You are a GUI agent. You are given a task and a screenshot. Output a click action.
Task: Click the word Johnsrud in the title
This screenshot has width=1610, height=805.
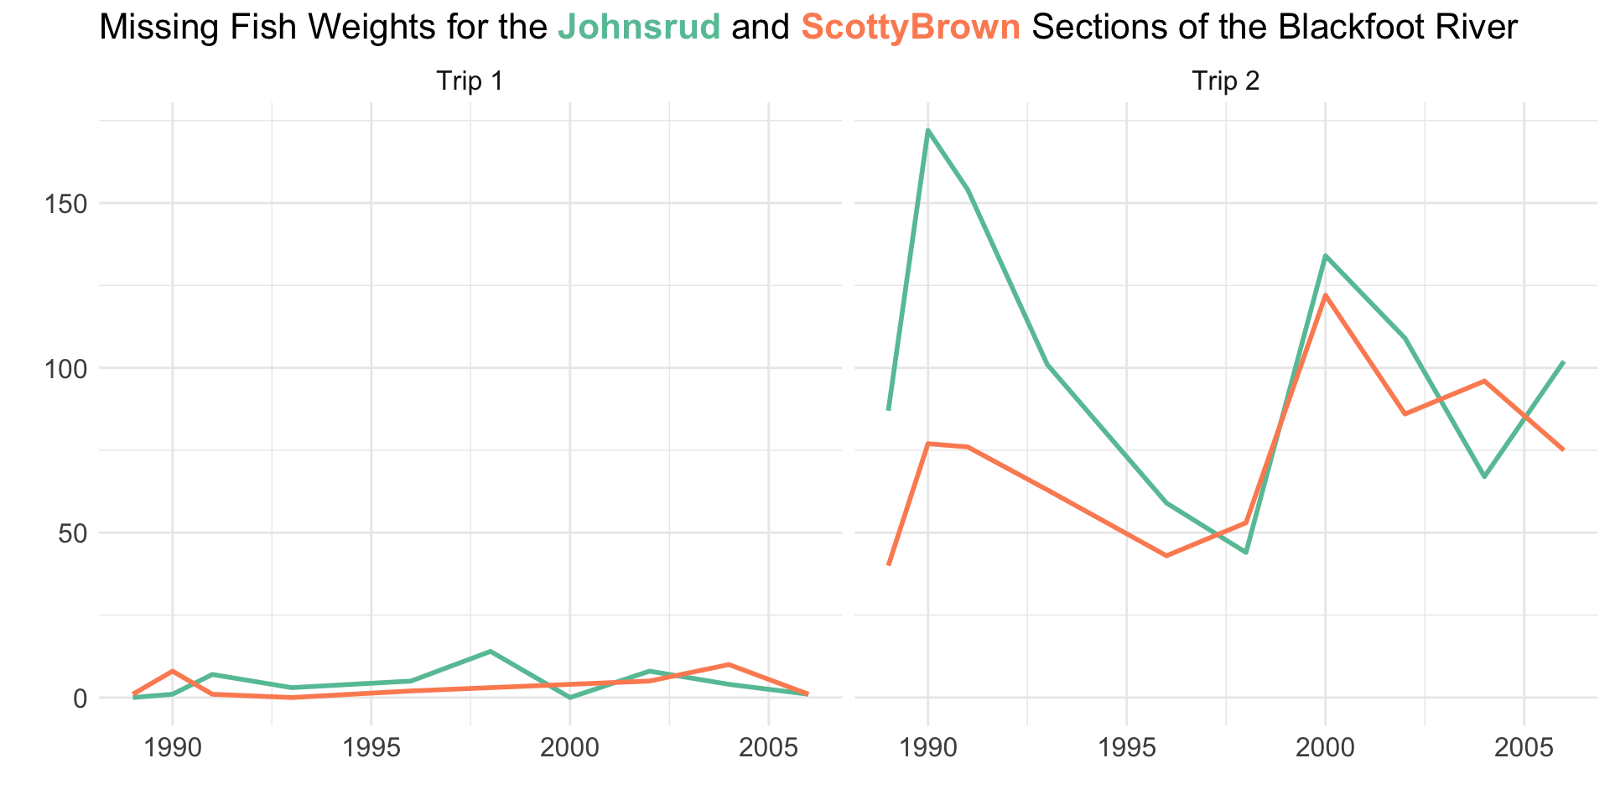(x=639, y=29)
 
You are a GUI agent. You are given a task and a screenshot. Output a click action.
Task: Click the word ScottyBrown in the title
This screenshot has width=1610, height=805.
(x=911, y=29)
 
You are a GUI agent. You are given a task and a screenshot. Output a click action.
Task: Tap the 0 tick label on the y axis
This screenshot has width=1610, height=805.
(x=80, y=698)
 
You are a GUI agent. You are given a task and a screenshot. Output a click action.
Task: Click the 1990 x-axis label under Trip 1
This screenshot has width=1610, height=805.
(x=172, y=749)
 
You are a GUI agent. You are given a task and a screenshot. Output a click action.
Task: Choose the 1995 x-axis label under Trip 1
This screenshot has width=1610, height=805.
(x=371, y=749)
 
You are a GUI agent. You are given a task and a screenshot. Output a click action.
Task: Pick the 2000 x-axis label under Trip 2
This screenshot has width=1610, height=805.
(x=1325, y=749)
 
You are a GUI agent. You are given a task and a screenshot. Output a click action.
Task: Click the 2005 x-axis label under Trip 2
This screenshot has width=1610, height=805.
(x=1524, y=749)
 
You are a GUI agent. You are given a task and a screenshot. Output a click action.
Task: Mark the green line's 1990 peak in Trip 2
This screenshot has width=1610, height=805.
(x=927, y=131)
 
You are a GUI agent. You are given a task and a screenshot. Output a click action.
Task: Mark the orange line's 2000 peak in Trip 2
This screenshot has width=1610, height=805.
(x=1325, y=295)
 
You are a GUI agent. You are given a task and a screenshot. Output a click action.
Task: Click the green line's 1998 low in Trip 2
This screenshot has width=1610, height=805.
(x=1246, y=553)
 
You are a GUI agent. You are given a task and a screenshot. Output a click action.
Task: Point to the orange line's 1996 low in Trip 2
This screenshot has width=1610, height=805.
(x=1166, y=555)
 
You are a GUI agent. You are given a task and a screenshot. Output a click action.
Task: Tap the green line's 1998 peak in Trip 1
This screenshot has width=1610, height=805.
(x=490, y=652)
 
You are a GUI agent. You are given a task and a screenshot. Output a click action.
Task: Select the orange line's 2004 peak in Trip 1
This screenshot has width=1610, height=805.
(x=729, y=664)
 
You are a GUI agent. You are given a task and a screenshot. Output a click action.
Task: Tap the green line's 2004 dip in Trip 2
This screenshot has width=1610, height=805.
(x=1484, y=476)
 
